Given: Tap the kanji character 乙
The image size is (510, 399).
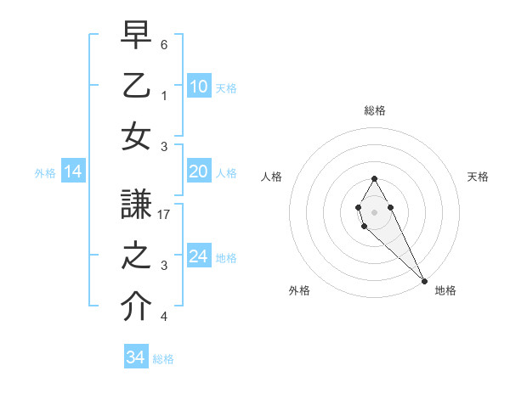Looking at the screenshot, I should point(136,86).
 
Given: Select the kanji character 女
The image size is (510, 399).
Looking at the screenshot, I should point(136,137).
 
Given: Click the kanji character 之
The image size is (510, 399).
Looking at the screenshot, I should point(136,256).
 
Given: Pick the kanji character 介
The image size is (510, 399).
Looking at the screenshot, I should point(136,306).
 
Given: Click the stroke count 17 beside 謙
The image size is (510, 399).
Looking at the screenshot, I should point(165,215).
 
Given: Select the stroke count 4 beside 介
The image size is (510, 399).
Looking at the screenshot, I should point(164,318).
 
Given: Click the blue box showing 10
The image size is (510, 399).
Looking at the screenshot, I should point(199,86).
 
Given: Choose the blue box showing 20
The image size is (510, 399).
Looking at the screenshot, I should point(199,171).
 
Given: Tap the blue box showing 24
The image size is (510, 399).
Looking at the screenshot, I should point(199,256).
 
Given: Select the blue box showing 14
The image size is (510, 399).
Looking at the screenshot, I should point(73,172).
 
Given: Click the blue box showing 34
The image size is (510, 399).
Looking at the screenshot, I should point(136,357).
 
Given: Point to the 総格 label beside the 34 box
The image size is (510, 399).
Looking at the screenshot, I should point(163,359).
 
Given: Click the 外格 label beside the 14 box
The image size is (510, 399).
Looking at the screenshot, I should point(45,173).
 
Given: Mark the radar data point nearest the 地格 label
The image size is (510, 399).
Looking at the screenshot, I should point(424,281).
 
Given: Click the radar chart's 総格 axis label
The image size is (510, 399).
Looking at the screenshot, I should point(375,110).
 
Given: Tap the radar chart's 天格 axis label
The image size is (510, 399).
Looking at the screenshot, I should point(479,177).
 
